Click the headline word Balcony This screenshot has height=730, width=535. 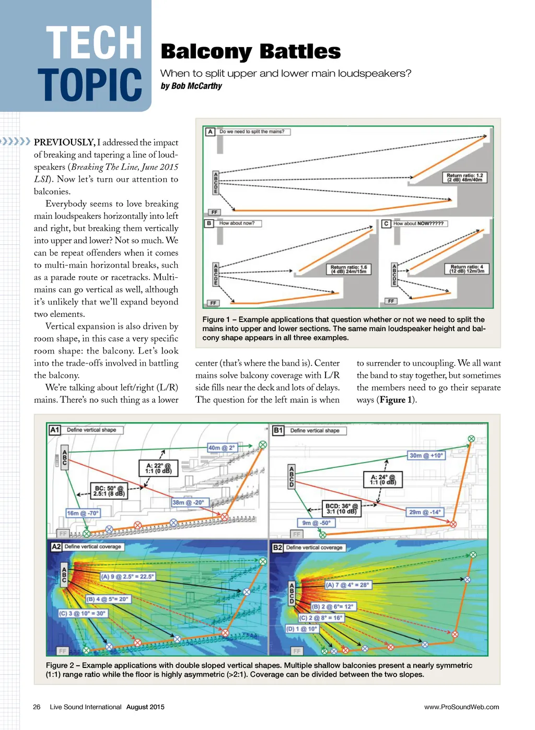206,52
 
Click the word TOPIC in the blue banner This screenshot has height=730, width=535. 90,85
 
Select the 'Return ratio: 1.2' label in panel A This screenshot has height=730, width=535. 464,178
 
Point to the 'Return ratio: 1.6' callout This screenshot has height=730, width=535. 348,269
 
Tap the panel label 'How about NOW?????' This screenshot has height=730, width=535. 418,223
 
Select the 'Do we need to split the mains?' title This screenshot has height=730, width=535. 252,132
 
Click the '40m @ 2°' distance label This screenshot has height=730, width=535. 222,448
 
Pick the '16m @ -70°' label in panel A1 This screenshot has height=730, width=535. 83,513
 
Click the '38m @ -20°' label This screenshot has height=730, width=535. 188,503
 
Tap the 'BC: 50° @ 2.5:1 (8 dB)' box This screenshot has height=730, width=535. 109,491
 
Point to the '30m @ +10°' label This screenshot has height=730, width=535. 426,456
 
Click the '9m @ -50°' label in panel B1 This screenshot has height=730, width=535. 317,523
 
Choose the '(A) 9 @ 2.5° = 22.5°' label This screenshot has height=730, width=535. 127,577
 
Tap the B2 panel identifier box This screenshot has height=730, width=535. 277,547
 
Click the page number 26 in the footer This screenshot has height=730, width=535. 37,707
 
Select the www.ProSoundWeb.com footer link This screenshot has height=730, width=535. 461,707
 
